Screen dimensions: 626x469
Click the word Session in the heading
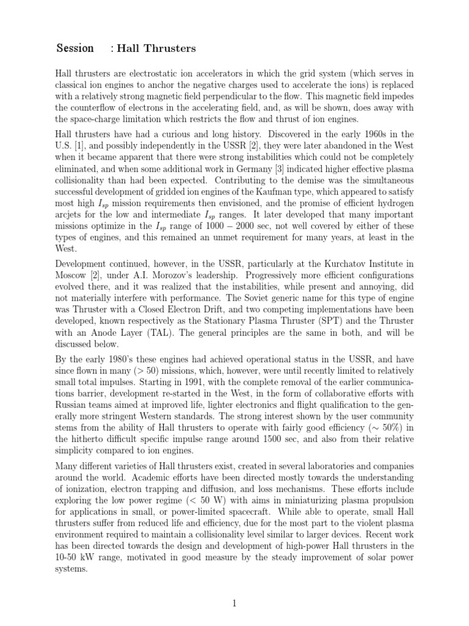tap(75, 48)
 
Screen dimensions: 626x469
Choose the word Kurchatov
tap(332, 263)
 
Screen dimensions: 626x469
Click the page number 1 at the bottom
tap(234, 604)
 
